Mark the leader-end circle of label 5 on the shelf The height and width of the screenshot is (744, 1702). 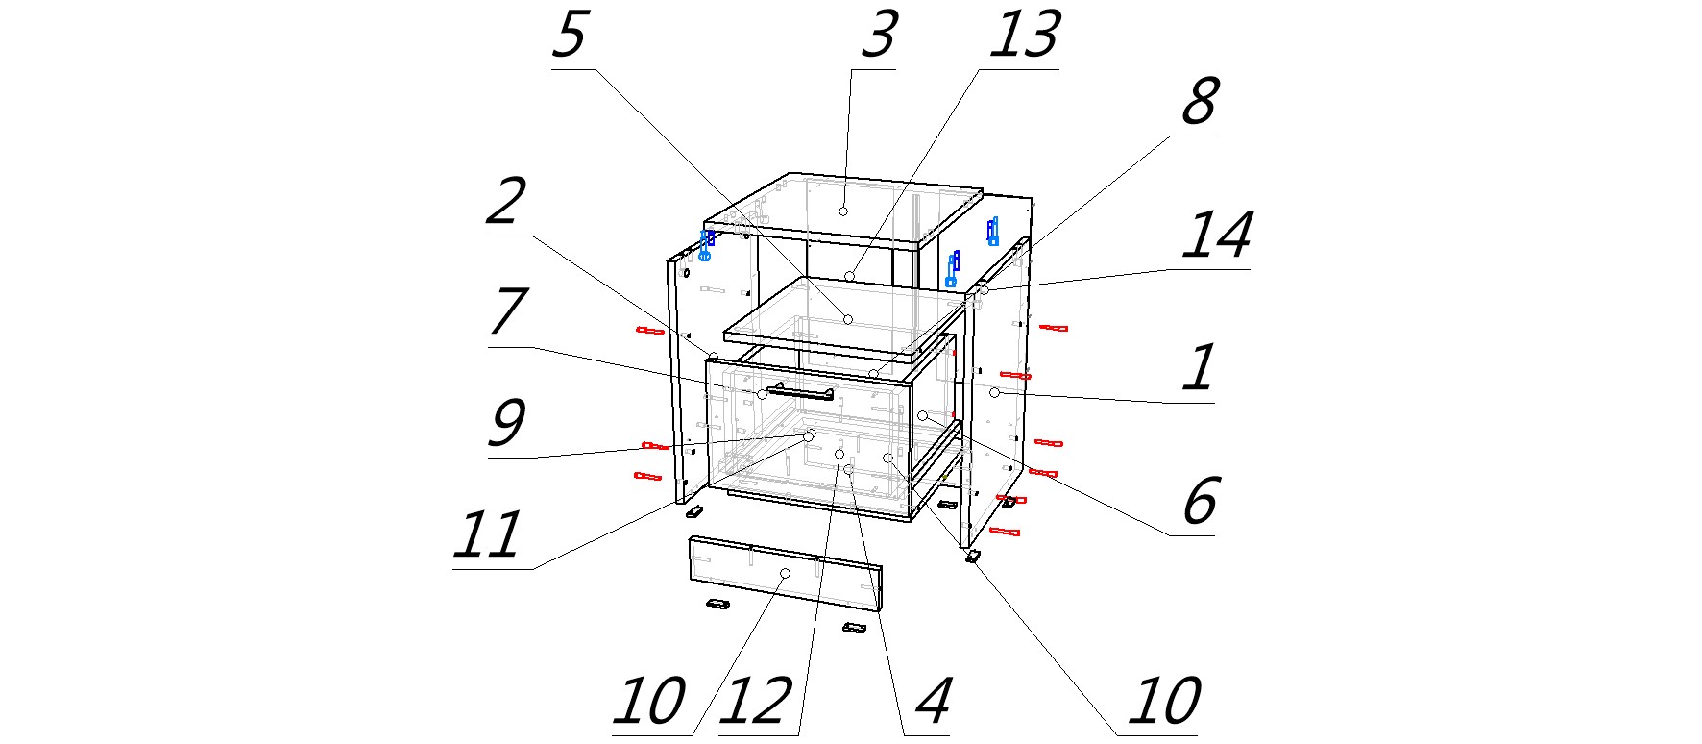click(847, 319)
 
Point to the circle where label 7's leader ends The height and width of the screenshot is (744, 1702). click(762, 394)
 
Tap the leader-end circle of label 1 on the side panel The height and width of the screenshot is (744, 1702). click(995, 393)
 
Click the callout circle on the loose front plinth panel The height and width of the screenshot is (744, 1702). click(785, 573)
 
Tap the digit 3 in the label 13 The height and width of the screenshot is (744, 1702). click(1039, 36)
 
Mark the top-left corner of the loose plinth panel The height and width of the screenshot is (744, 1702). click(691, 537)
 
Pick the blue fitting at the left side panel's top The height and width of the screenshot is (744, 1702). click(707, 245)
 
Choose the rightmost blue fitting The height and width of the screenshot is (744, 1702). click(992, 231)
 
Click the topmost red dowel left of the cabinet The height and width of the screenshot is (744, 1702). click(650, 331)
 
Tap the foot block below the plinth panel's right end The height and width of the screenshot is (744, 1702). click(854, 628)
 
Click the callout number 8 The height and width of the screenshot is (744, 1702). click(1199, 101)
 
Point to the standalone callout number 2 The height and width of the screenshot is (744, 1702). click(506, 202)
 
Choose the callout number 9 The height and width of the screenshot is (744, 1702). click(506, 423)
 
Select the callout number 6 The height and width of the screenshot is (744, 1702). click(1200, 501)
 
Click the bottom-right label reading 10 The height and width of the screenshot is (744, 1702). click(1164, 702)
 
